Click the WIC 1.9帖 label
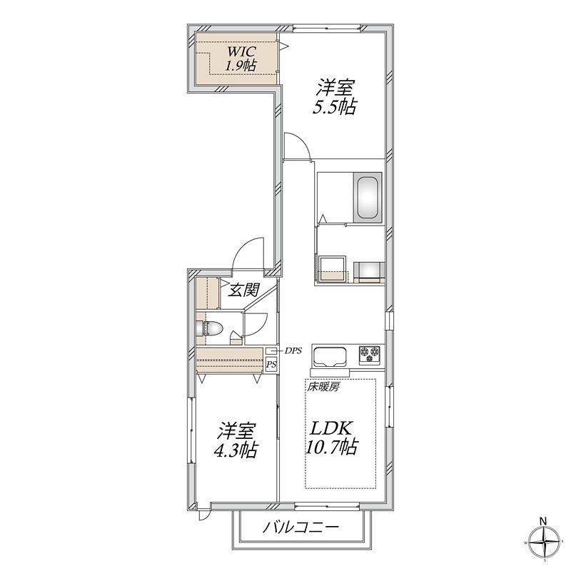[x=241, y=59]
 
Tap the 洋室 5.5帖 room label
[x=334, y=97]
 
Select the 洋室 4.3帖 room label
[x=236, y=440]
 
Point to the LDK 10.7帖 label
[x=330, y=438]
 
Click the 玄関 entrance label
[x=243, y=290]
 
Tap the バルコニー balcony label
[x=300, y=527]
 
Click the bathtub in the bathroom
[x=368, y=197]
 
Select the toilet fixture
[x=209, y=328]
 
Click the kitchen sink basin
[x=330, y=356]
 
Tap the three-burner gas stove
[x=370, y=354]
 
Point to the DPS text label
[x=293, y=350]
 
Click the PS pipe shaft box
[x=271, y=364]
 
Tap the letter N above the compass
[x=543, y=521]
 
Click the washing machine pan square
[x=332, y=269]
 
